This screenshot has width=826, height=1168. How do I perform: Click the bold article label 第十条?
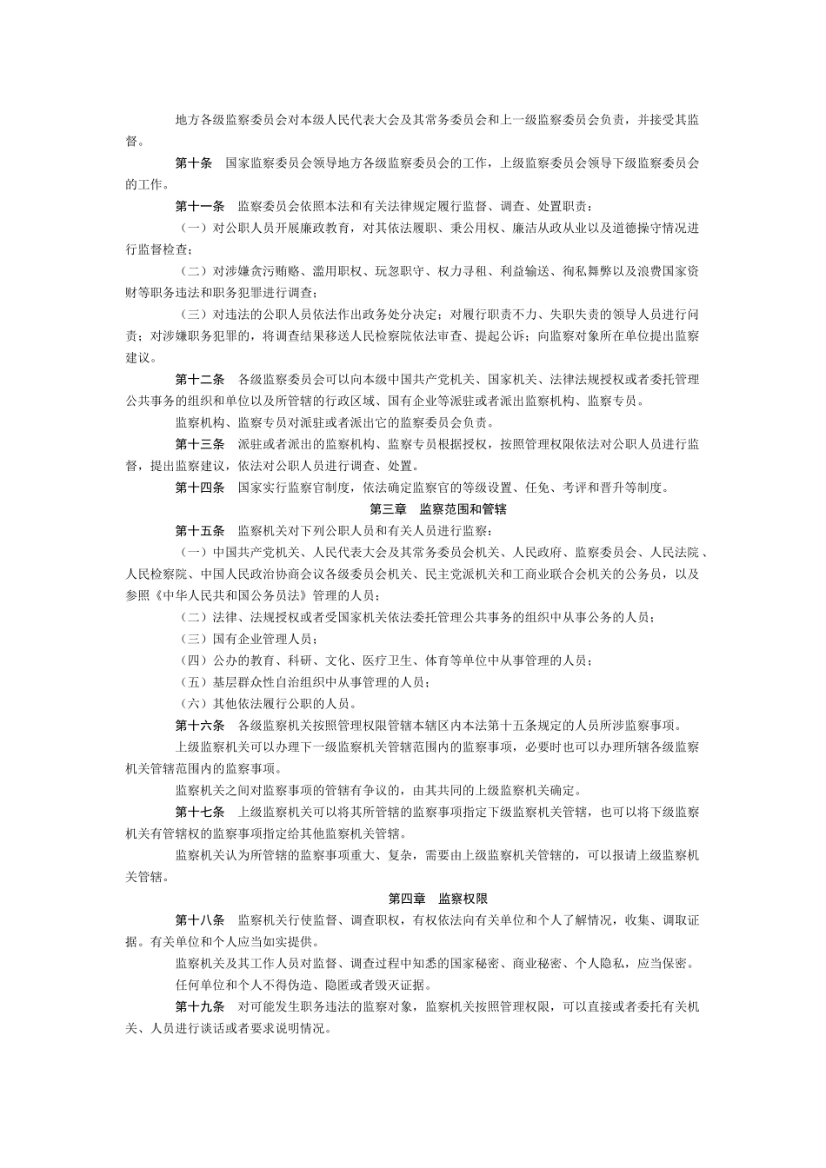193,163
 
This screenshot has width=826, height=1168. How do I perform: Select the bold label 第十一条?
199,207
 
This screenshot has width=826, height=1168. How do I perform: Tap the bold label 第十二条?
199,380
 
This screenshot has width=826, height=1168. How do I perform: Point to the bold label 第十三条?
199,444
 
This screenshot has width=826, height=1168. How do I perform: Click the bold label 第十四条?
199,488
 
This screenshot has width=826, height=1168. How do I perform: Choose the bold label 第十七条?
199,812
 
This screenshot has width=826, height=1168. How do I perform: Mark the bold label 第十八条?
199,919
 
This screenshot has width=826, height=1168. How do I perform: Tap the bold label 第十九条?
199,1006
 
